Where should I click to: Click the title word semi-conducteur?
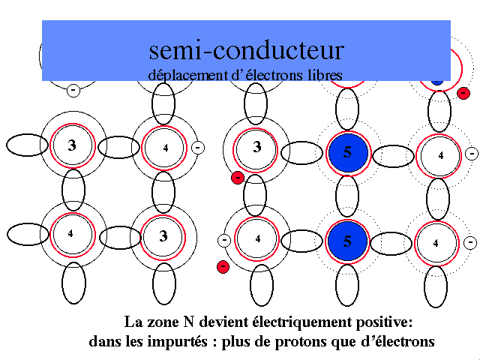(x=246, y=49)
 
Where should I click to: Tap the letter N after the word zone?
(x=188, y=323)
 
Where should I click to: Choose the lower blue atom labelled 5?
(x=346, y=241)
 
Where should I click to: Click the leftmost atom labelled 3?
(x=72, y=145)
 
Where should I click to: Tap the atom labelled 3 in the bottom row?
(x=163, y=236)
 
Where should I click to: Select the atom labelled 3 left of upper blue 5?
(x=256, y=148)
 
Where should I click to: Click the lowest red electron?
(x=222, y=266)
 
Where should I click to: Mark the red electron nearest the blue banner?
(x=463, y=93)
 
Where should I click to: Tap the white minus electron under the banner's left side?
(x=73, y=90)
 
